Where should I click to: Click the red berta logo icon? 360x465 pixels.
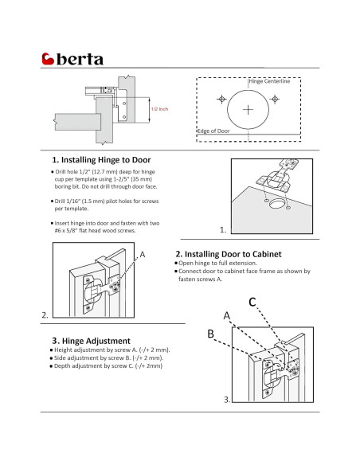click(48, 59)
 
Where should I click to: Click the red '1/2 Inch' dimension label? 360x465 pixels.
click(159, 109)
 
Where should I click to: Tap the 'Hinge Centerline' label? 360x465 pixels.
click(269, 81)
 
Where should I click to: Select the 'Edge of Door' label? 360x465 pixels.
click(213, 131)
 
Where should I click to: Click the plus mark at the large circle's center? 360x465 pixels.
click(248, 110)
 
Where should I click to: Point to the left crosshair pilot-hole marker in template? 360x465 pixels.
click(221, 99)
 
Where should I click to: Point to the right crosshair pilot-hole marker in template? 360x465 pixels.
click(275, 99)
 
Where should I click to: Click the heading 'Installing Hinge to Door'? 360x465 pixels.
click(106, 160)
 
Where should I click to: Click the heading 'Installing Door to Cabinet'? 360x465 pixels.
click(233, 254)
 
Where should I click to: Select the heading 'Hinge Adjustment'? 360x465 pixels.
click(96, 341)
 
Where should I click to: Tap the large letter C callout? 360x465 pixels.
click(252, 303)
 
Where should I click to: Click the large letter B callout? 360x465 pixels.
click(210, 334)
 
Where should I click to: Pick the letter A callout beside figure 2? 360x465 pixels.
click(143, 255)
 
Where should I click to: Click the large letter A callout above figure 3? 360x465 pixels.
click(227, 315)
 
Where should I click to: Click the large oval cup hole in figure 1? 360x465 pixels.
click(276, 204)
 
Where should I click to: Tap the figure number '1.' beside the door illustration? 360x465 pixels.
click(223, 230)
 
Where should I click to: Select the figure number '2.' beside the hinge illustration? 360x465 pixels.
click(45, 315)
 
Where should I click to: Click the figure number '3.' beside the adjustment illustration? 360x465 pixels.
click(227, 400)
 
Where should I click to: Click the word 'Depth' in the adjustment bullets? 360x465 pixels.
click(62, 366)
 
